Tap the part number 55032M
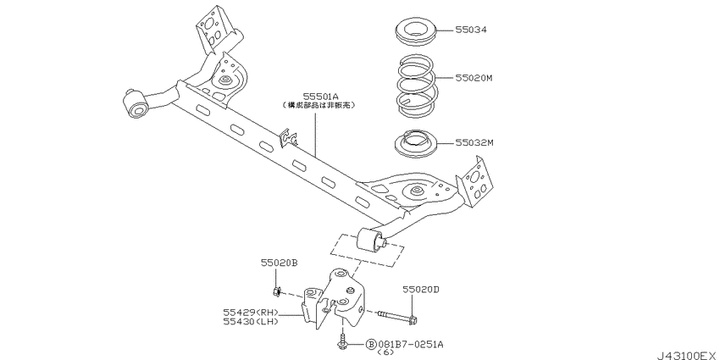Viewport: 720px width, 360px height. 474,143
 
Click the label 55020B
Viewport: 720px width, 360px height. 279,263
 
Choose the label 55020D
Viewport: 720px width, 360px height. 421,290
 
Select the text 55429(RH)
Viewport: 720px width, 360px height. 252,313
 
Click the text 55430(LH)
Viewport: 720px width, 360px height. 252,322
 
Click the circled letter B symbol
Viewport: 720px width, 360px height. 370,345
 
